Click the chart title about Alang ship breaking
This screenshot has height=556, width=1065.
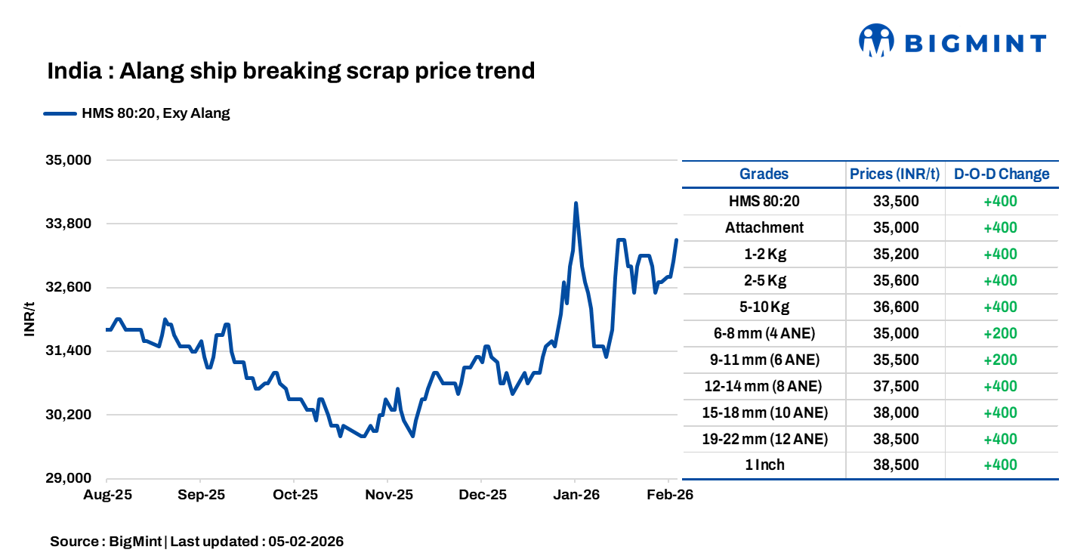tap(291, 71)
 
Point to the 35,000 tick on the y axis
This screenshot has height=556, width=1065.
tap(69, 160)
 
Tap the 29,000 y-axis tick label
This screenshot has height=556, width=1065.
tap(69, 478)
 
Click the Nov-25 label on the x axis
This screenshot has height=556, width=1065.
tap(387, 496)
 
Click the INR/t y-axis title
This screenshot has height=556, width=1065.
tap(29, 319)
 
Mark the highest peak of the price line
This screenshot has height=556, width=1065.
tap(576, 203)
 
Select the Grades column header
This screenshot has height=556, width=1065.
tap(764, 175)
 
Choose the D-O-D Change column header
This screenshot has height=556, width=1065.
tap(1002, 175)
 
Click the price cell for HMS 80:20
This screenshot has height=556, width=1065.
tap(894, 201)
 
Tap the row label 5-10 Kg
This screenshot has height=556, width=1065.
tap(764, 307)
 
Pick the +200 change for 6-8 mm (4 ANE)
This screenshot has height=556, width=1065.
tap(1000, 333)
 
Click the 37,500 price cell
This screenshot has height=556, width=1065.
tap(894, 386)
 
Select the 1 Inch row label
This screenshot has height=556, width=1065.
tap(764, 465)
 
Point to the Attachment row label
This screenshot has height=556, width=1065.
tap(764, 227)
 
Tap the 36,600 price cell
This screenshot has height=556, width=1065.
tap(894, 307)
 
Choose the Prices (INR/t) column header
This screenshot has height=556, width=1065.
tap(894, 175)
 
